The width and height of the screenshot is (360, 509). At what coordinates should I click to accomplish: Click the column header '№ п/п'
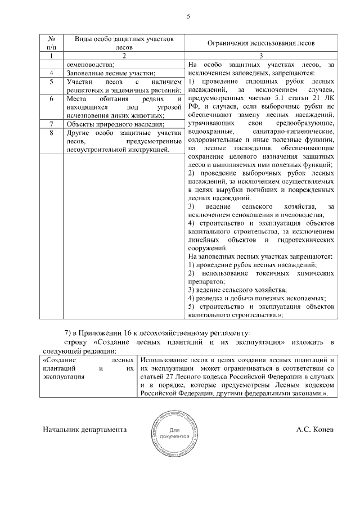[52, 43]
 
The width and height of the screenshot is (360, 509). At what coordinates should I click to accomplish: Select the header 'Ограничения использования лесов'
[261, 43]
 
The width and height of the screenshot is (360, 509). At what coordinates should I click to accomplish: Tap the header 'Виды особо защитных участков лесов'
[123, 43]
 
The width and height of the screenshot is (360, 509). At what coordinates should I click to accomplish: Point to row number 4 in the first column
[52, 73]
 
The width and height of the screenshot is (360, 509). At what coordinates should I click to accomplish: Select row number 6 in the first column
[52, 98]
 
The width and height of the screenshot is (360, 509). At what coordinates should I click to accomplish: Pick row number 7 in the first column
[52, 124]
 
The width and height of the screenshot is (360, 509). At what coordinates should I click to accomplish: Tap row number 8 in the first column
[52, 133]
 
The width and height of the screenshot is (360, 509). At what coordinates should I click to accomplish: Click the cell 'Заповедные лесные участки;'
[111, 73]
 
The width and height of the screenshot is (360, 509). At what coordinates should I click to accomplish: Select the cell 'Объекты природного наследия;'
[115, 124]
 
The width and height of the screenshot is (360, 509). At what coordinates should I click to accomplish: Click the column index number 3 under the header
[261, 56]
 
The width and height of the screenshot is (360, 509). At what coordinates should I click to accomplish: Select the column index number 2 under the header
[123, 56]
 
